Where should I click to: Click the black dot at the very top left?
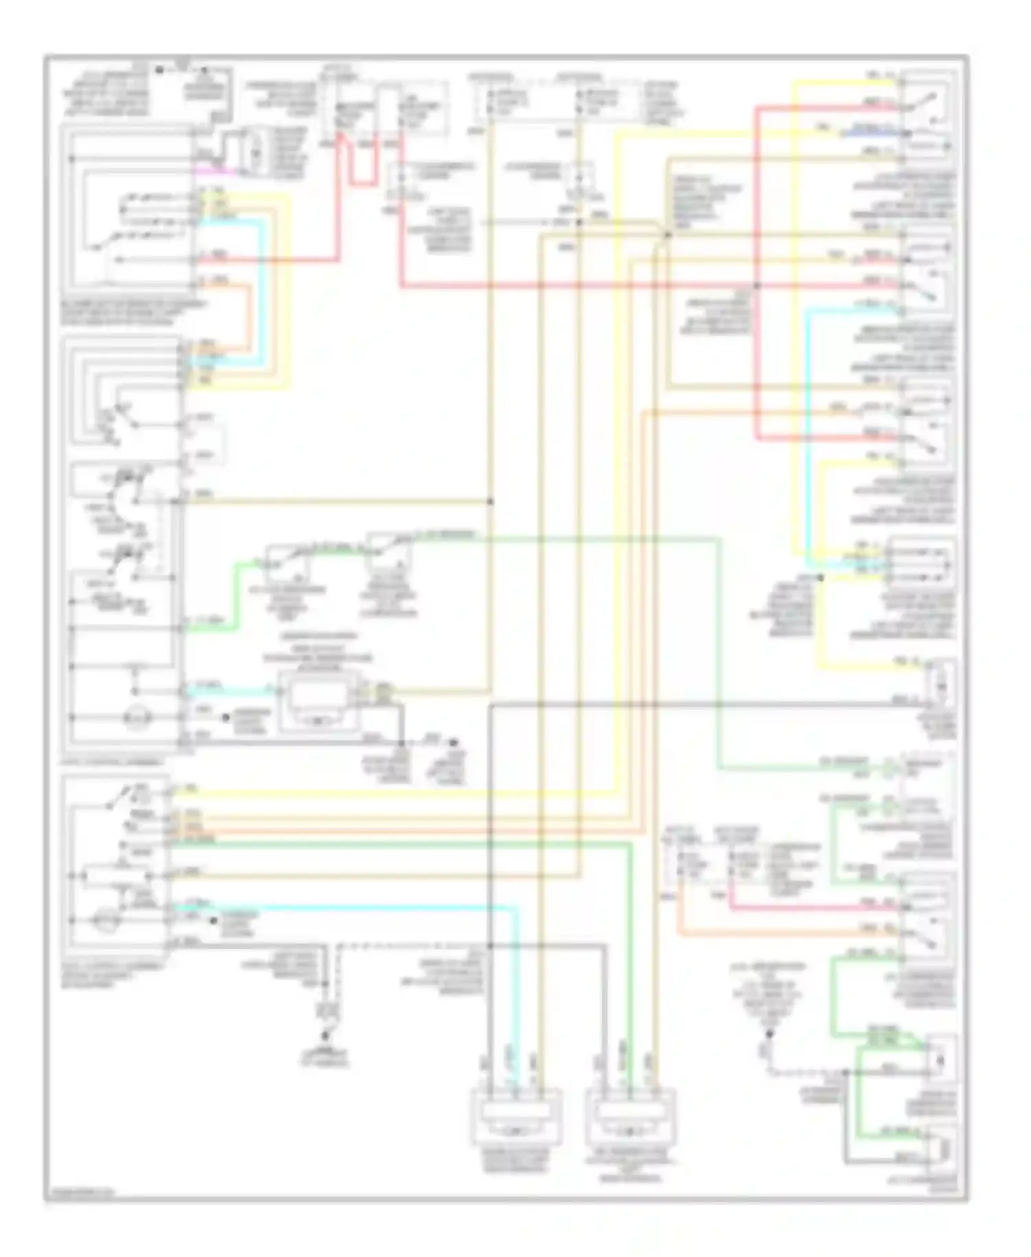pos(159,69)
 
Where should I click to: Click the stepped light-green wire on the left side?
pos(237,598)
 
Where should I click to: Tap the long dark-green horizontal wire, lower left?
pos(399,842)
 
